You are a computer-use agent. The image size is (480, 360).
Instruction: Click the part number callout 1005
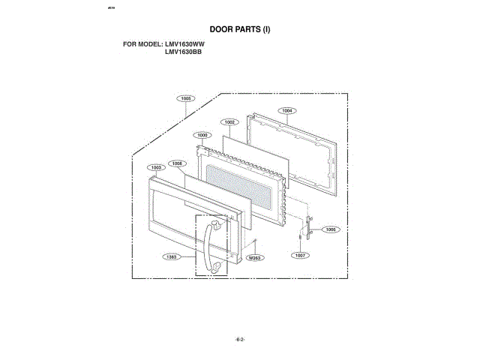tap(186, 98)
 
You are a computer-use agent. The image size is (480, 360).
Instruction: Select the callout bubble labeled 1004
tap(286, 111)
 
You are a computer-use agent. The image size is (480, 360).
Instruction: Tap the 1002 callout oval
tap(229, 121)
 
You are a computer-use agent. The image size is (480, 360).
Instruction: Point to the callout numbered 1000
tap(202, 134)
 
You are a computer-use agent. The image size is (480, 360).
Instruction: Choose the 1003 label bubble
tap(157, 167)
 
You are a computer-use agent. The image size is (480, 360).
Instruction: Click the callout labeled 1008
tap(177, 163)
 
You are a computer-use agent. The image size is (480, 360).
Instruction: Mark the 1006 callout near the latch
tap(331, 229)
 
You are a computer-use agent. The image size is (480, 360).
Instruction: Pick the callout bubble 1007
tap(300, 255)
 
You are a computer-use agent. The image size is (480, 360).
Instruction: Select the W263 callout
tap(254, 257)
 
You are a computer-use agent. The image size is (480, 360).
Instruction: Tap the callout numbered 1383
tap(172, 256)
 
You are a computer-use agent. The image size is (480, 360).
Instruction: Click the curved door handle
tap(205, 244)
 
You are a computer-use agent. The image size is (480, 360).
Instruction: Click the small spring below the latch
tap(300, 237)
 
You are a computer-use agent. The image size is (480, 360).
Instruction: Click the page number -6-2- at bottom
tap(240, 339)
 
